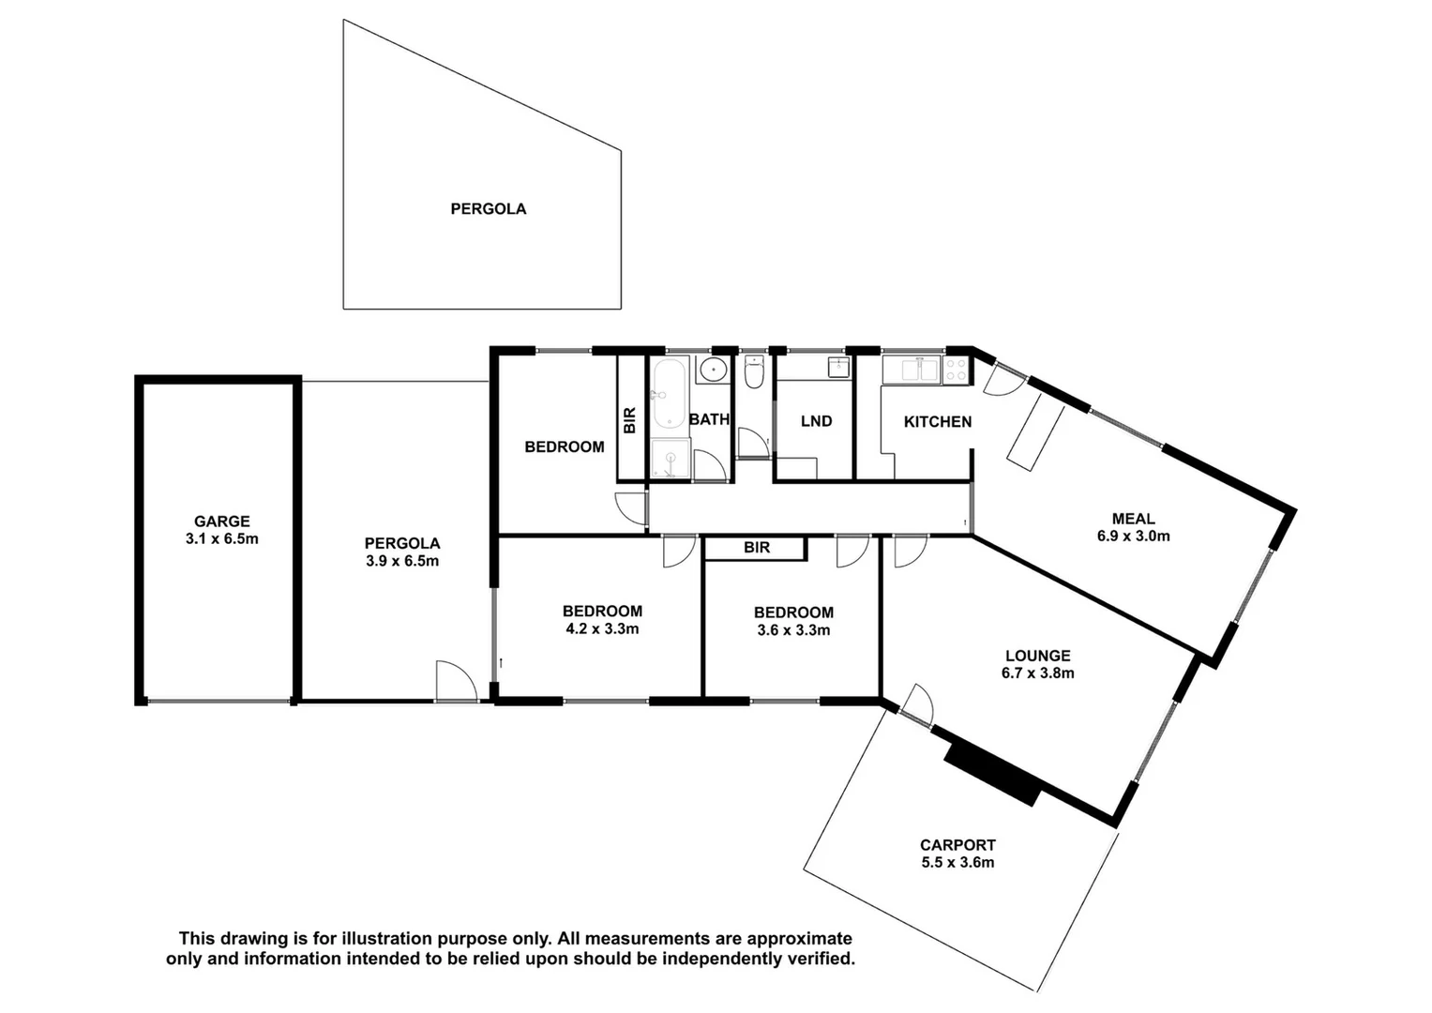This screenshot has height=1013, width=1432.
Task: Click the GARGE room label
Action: [222, 522]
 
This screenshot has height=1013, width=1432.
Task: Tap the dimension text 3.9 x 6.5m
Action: [401, 561]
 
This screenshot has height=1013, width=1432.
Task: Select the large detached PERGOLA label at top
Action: [488, 209]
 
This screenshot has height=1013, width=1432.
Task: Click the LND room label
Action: [816, 421]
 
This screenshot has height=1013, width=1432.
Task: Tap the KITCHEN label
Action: [937, 422]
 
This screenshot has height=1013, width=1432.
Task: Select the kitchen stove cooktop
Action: [956, 370]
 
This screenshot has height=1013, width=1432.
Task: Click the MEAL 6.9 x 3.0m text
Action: [1133, 527]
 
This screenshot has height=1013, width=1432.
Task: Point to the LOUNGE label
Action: [1037, 656]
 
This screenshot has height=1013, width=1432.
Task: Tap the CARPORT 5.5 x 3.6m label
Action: [957, 854]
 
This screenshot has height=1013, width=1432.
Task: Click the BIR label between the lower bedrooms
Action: [756, 548]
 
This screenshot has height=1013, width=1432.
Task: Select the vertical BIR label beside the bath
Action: [630, 419]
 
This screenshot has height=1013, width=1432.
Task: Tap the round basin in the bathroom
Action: [715, 369]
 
